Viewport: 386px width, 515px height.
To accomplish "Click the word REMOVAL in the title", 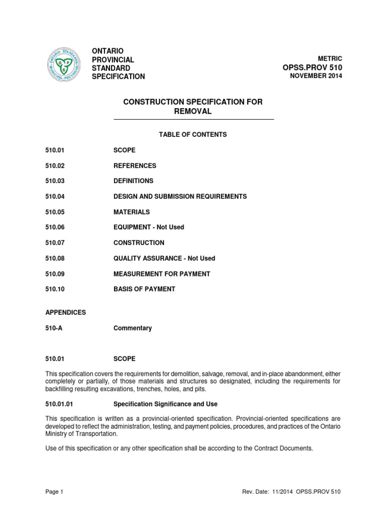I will click(193, 112).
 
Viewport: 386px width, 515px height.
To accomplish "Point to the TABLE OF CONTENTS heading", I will click(193, 135).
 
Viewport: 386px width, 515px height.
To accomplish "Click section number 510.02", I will click(55, 165).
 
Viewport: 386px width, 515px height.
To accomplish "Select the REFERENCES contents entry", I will click(135, 165).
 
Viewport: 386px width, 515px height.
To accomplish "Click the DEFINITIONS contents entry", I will click(133, 181).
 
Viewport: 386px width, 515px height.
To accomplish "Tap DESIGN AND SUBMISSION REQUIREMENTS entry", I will click(180, 196).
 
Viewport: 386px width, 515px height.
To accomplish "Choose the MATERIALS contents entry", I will click(132, 212).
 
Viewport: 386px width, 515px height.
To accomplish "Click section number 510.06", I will click(55, 227).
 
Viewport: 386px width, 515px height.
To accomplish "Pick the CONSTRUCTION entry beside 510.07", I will click(139, 242).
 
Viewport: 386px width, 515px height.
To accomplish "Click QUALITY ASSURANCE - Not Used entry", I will click(164, 258).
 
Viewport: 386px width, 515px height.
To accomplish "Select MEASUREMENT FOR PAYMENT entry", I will click(162, 274).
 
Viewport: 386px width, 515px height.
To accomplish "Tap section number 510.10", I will click(55, 289).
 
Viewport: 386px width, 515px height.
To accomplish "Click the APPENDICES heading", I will click(65, 312).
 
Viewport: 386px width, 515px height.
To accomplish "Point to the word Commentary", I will click(133, 328).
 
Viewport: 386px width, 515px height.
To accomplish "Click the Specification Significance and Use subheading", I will click(165, 404).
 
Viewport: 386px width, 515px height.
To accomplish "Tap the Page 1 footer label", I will click(54, 491).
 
